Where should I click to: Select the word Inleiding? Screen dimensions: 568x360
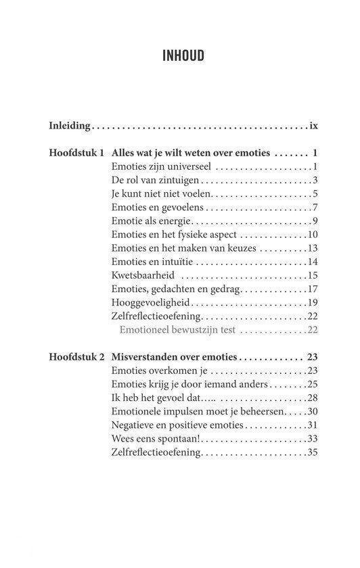coord(70,126)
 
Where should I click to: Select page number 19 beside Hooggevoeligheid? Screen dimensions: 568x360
coord(312,302)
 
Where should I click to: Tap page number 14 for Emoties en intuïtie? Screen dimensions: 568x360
coord(312,262)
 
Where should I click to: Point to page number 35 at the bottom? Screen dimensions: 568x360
coord(312,452)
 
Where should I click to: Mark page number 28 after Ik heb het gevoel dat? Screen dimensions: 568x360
coord(312,398)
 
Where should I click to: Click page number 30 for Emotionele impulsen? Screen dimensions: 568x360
coord(312,411)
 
